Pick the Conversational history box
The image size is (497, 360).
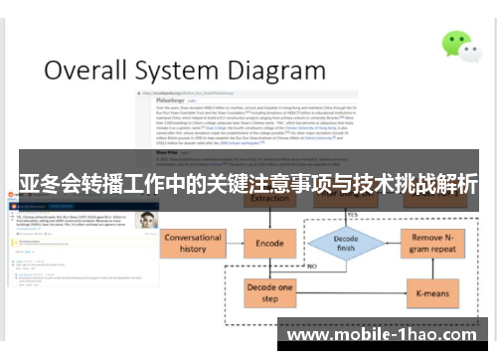tap(193, 244)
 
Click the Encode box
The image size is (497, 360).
tap(269, 244)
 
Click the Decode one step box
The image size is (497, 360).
tap(269, 292)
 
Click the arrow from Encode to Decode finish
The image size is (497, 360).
tap(301, 244)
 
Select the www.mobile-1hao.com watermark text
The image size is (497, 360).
tap(387, 335)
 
